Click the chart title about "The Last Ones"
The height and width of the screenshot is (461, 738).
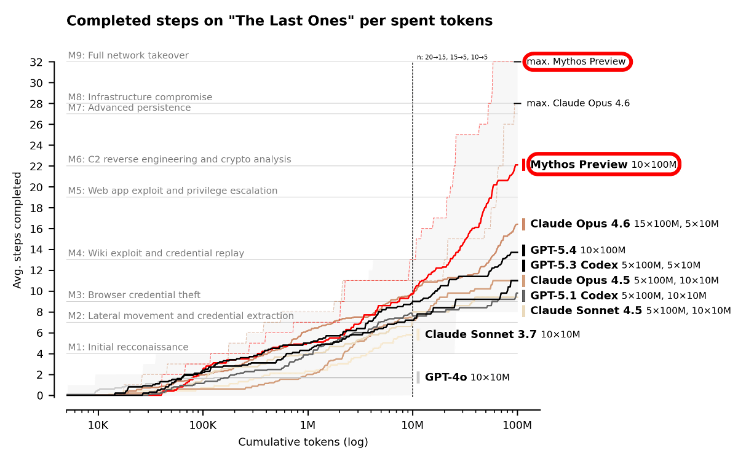(x=279, y=21)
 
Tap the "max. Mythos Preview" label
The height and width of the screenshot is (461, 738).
(x=576, y=61)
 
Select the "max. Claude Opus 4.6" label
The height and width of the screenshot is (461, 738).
(x=578, y=103)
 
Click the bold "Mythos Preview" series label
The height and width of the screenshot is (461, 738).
(x=579, y=165)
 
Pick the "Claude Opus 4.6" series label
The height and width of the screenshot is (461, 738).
(x=580, y=224)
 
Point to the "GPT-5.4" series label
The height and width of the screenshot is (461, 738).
(x=553, y=250)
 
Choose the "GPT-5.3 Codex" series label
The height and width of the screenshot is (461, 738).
(x=574, y=265)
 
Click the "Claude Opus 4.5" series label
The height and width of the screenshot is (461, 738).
(x=580, y=280)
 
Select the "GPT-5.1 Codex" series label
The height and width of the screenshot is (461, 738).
(x=574, y=296)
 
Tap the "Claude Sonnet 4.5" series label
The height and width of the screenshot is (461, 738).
(x=586, y=310)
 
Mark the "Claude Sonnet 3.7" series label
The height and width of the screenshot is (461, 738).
(x=480, y=334)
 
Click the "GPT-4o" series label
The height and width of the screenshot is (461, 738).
(x=446, y=377)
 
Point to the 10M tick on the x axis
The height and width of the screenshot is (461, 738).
(x=412, y=425)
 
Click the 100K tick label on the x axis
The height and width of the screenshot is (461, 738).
(x=203, y=425)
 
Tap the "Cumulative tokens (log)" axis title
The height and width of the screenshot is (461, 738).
(x=303, y=443)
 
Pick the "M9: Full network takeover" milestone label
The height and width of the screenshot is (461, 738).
(x=128, y=55)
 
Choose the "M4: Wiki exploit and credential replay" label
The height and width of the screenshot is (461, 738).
(x=156, y=253)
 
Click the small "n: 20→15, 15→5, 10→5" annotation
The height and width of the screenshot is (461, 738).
(x=452, y=57)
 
